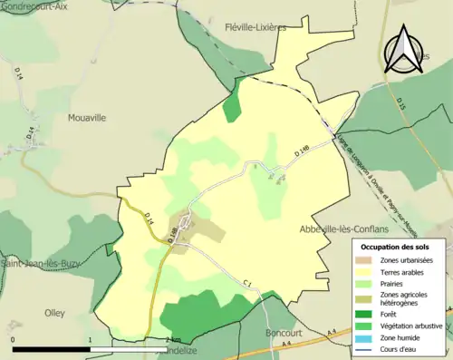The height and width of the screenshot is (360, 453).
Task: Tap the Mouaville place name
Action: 87,117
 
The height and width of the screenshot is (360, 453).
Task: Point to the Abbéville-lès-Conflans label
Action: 343,229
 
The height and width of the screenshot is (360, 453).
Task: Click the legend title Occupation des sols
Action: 394,247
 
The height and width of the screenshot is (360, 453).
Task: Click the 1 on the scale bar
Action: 91,339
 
